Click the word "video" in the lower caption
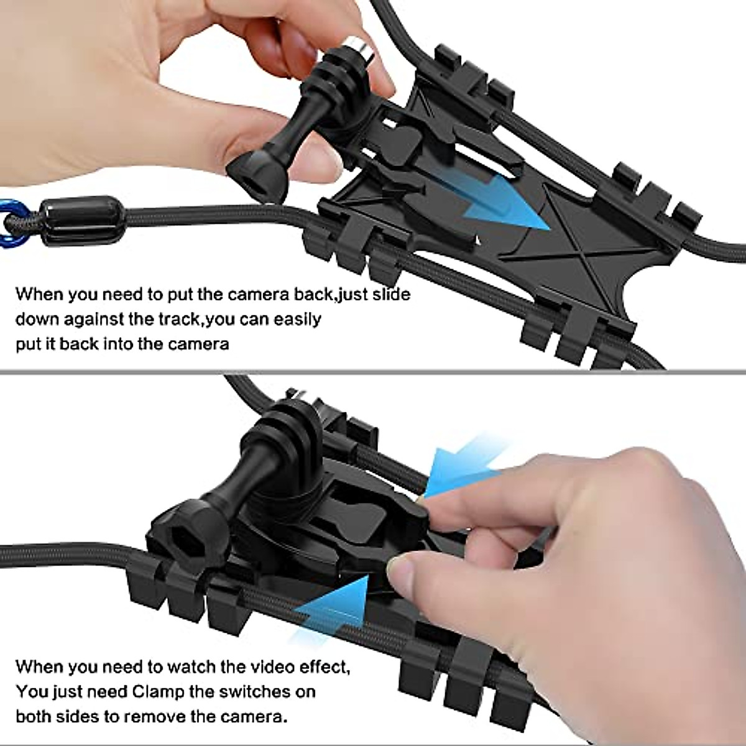[x=271, y=666]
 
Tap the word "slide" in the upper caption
[x=390, y=294]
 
